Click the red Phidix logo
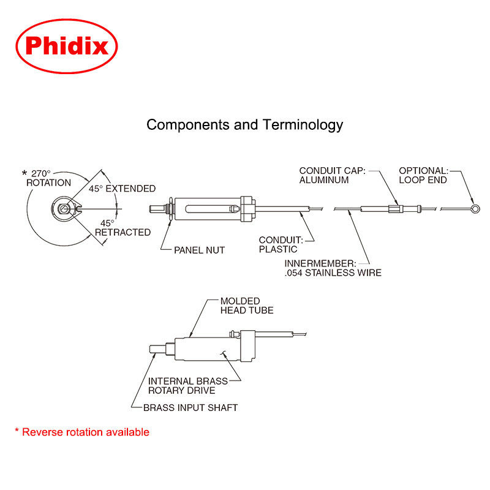point(67,47)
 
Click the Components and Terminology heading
point(244,125)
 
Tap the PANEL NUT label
point(200,251)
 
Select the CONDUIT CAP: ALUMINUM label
point(332,175)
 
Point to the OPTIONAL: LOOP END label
point(423,175)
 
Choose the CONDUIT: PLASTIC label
point(281,244)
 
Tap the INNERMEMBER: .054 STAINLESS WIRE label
point(333,268)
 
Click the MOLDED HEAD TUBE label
point(247,306)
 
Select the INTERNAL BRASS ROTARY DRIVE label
point(188,386)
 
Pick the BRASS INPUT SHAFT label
point(190,408)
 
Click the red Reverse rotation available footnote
point(82,432)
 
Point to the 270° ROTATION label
point(48,178)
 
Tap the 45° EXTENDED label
point(122,189)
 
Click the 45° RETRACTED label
point(123,228)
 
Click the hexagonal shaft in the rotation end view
point(64,208)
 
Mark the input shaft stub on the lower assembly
point(157,349)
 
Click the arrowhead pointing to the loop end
point(473,202)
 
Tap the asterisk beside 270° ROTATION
point(24,173)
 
